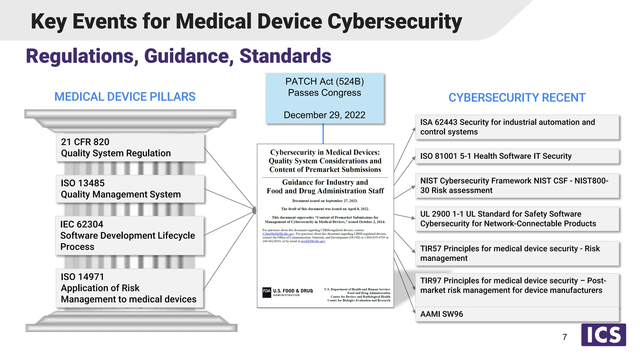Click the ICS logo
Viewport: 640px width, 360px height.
coord(603,335)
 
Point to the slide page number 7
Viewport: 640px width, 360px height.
coord(565,337)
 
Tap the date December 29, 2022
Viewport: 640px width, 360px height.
coord(324,115)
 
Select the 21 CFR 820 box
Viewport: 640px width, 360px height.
coord(130,147)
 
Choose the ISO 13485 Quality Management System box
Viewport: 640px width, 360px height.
coord(130,189)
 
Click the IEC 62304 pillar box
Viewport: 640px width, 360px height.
coord(129,236)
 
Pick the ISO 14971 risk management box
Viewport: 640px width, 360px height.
coord(129,288)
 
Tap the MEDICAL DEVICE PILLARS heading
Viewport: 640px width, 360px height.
coord(125,97)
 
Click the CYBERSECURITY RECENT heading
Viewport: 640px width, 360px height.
coord(517,98)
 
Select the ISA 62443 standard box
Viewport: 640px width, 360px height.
coord(517,127)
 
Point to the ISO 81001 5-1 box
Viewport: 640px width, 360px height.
coord(517,156)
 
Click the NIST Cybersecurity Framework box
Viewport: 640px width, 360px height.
coord(517,186)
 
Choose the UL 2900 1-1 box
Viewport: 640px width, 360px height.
coord(517,219)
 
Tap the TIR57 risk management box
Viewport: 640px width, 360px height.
coord(517,253)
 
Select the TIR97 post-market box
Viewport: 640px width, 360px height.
coord(517,286)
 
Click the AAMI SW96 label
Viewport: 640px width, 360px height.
coord(442,314)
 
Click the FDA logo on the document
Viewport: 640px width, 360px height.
coord(267,292)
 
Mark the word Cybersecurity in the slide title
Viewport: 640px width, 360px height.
coord(394,22)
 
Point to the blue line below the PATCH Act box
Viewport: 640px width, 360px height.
coord(323,133)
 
